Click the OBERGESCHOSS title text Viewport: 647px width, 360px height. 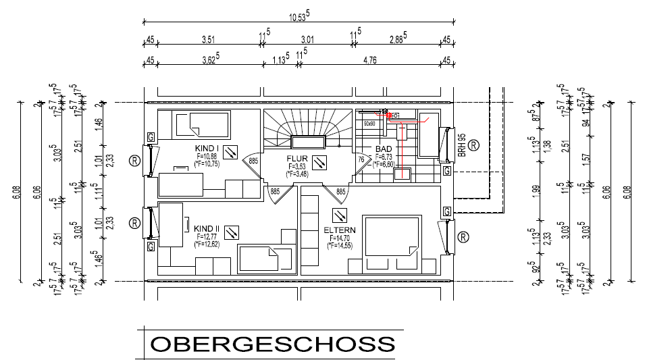coord(272,344)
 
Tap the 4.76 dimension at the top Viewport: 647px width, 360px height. coord(369,61)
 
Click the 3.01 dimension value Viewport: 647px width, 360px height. coord(307,40)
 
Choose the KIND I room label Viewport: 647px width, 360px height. coord(207,148)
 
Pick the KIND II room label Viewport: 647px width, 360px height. coord(208,230)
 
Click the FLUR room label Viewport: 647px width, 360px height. coord(297,159)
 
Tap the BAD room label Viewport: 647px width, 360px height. coord(384,149)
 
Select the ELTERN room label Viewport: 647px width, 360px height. coord(340,230)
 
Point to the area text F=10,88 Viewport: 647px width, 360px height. coord(206,156)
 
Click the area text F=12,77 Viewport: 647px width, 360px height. coord(207,238)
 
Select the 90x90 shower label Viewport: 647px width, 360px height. coord(369,124)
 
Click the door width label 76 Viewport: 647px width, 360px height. coord(361,160)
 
